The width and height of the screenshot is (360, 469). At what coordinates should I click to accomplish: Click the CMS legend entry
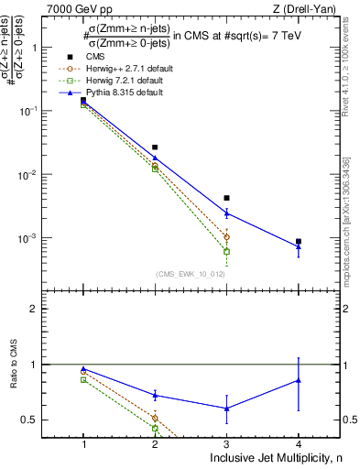[x=94, y=58]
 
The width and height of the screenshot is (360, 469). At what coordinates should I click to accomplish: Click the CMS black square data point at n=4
[x=299, y=242]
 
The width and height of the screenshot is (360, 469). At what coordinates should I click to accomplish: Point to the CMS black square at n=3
[x=226, y=198]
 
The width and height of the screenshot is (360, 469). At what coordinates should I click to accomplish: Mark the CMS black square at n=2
[x=155, y=147]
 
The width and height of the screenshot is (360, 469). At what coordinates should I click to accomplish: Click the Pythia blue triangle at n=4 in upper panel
[x=299, y=246]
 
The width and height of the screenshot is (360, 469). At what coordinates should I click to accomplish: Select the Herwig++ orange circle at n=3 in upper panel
[x=226, y=236]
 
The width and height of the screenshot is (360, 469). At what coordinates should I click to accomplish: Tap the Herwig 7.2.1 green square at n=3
[x=226, y=251]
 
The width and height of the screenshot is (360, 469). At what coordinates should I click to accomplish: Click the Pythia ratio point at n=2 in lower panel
[x=155, y=395]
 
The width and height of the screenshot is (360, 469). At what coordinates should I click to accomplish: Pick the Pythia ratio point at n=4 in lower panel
[x=299, y=379]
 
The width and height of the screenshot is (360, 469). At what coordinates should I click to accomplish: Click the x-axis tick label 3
[x=226, y=444]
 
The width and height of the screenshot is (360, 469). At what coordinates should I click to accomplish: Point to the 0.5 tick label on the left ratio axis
[x=53, y=420]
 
